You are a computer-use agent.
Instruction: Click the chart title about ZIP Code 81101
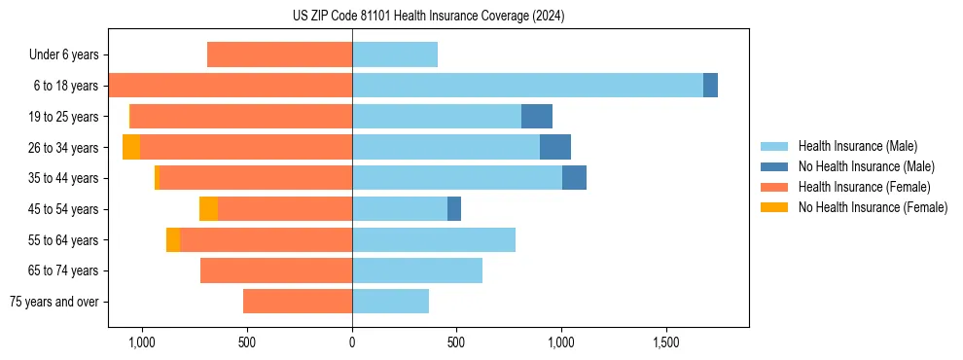(428, 17)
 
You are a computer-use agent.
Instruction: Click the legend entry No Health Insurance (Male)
(866, 166)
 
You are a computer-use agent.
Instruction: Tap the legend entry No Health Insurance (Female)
(873, 207)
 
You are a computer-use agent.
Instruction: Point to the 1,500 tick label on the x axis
(666, 343)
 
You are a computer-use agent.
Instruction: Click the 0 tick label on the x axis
(352, 343)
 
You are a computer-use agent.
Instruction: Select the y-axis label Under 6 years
(63, 55)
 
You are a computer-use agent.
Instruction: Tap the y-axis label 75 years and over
(54, 302)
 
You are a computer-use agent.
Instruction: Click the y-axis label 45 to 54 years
(64, 209)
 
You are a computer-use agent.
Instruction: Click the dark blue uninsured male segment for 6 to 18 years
(710, 86)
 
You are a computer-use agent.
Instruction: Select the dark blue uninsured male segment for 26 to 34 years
(554, 147)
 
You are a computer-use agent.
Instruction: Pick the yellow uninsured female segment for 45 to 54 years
(208, 208)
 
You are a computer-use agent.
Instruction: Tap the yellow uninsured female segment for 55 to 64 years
(173, 239)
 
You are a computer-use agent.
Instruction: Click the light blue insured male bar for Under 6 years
(395, 54)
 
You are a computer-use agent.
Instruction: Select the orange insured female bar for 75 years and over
(298, 302)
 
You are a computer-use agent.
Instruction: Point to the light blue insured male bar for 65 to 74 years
(417, 270)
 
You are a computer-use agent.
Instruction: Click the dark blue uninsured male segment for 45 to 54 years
(454, 208)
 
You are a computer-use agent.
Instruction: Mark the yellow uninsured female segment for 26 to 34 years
(131, 147)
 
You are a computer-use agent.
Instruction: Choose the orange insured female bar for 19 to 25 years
(241, 116)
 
